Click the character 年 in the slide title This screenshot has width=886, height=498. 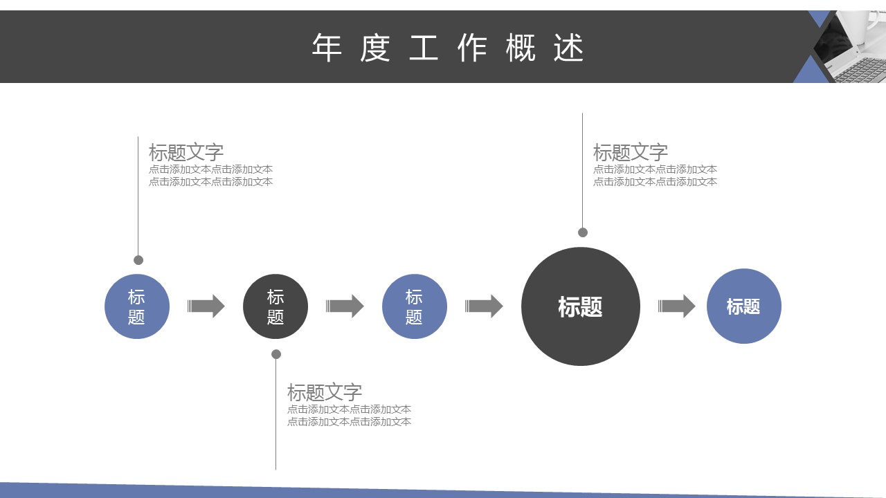click(x=327, y=48)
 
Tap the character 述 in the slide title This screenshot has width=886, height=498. click(x=569, y=48)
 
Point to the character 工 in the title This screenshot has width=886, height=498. click(x=424, y=48)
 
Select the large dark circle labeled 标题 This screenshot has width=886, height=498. click(x=580, y=306)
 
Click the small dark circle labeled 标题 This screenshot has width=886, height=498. click(x=275, y=306)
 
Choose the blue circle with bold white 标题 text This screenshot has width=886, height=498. click(x=743, y=306)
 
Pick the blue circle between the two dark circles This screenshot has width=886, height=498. click(x=414, y=306)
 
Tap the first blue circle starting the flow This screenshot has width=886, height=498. click(x=137, y=306)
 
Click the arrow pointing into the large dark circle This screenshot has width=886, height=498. click(x=484, y=306)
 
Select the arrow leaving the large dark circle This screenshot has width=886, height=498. click(x=676, y=306)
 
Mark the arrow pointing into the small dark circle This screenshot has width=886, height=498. click(x=206, y=306)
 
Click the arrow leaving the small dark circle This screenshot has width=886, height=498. click(x=345, y=306)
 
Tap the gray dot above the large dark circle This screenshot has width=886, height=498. click(x=583, y=232)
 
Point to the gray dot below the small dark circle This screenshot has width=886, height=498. click(x=276, y=354)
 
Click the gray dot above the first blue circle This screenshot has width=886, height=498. click(x=138, y=260)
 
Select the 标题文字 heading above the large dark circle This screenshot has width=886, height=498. click(x=630, y=152)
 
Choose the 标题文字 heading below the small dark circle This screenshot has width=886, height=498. click(x=325, y=392)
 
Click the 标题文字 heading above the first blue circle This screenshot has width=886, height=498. click(x=186, y=152)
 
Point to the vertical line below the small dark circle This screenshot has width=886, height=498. click(x=276, y=415)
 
